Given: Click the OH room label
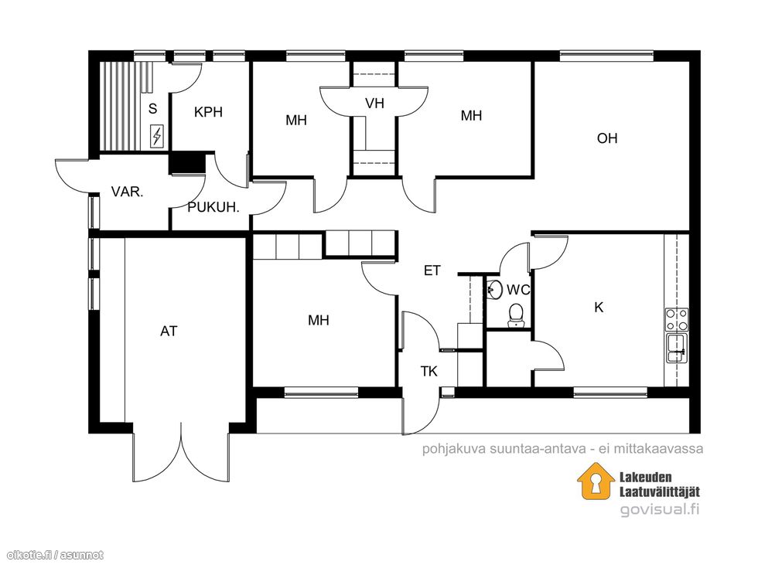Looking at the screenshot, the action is pyautogui.click(x=607, y=138).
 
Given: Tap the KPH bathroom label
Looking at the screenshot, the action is pyautogui.click(x=208, y=112).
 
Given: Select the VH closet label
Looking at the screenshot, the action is pyautogui.click(x=374, y=104).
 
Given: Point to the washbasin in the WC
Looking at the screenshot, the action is pyautogui.click(x=494, y=289).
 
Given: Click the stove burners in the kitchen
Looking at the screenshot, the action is pyautogui.click(x=677, y=319).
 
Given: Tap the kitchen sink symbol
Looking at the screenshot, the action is pyautogui.click(x=677, y=348).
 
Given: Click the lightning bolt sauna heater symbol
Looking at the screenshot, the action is pyautogui.click(x=156, y=136).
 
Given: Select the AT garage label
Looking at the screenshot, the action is pyautogui.click(x=169, y=332).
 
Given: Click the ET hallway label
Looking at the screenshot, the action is pyautogui.click(x=432, y=270).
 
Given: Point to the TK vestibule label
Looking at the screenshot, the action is pyautogui.click(x=429, y=372).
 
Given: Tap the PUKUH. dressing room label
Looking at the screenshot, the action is pyautogui.click(x=213, y=208).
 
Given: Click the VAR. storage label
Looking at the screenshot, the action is pyautogui.click(x=127, y=192).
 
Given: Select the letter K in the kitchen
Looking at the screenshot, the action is pyautogui.click(x=599, y=308).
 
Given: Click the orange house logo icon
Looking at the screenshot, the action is pyautogui.click(x=596, y=481).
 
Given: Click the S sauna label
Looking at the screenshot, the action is pyautogui.click(x=153, y=109).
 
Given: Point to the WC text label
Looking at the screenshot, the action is pyautogui.click(x=518, y=290).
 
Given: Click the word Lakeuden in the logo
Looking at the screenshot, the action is pyautogui.click(x=646, y=478).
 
